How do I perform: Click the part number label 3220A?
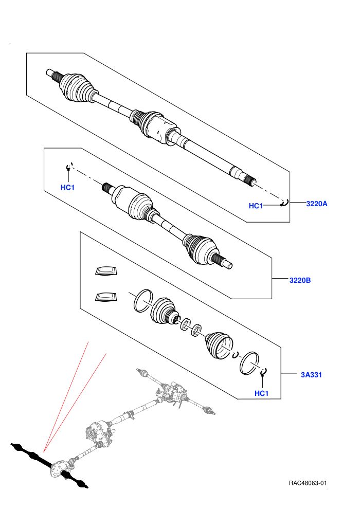[x=316, y=204]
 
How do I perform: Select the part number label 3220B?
[x=300, y=280]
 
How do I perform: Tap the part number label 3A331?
[x=311, y=375]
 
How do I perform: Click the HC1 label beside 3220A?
[x=256, y=206]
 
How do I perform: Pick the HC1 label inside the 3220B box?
[x=67, y=187]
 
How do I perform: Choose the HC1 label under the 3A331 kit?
[x=262, y=393]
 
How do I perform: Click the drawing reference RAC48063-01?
[x=308, y=483]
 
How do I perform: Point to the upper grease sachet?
[x=106, y=271]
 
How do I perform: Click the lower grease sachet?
[x=106, y=297]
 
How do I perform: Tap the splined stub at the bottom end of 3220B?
[x=223, y=261]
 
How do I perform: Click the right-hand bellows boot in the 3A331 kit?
[x=219, y=346]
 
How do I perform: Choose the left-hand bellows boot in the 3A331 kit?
[x=164, y=311]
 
